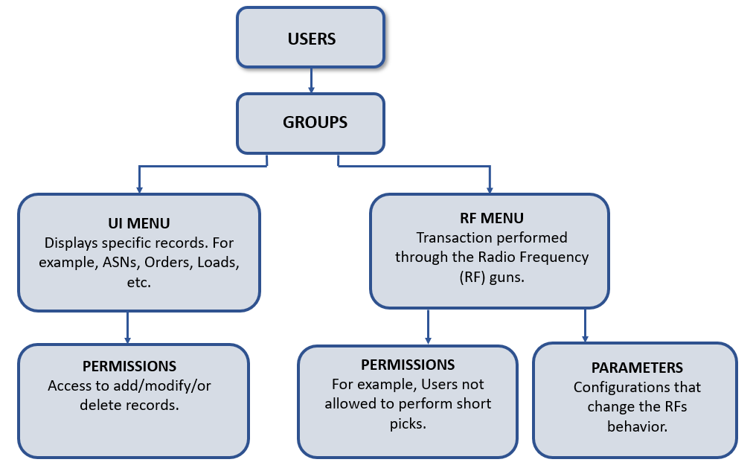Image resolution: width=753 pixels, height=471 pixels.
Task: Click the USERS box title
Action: click(x=312, y=39)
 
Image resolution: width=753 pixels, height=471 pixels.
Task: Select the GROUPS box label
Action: click(x=315, y=123)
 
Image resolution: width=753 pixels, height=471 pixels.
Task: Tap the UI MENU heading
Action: click(x=139, y=223)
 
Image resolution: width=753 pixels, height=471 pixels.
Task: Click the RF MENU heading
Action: click(x=491, y=218)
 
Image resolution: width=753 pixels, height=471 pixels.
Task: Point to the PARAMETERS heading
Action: click(x=637, y=368)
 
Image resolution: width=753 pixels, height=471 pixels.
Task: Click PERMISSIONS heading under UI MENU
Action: click(x=129, y=366)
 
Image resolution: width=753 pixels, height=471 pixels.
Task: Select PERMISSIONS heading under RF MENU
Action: click(x=408, y=365)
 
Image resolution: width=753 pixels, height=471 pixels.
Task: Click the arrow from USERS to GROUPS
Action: click(x=311, y=80)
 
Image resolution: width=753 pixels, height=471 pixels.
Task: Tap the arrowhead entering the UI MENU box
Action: click(x=139, y=189)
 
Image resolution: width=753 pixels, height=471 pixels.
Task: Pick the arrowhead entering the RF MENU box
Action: click(x=489, y=189)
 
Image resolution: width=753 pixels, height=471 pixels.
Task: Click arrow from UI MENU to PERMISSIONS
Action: click(x=128, y=327)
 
